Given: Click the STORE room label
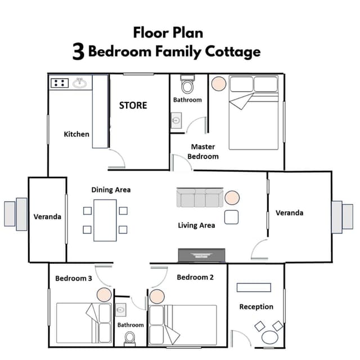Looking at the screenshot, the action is click(133, 105).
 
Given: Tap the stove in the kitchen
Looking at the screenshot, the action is click(60, 83).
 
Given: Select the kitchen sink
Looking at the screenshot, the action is click(80, 83).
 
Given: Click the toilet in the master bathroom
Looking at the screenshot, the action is click(187, 84).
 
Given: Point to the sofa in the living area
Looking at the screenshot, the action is click(200, 197).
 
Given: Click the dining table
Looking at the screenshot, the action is click(105, 220).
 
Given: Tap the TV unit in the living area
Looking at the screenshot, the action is click(201, 255).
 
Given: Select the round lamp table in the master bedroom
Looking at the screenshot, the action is click(219, 84).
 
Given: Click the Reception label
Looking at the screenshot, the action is click(256, 307).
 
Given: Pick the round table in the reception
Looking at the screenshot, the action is click(270, 337).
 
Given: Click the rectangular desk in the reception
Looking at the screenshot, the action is click(254, 287).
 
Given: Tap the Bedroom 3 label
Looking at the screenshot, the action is click(74, 278).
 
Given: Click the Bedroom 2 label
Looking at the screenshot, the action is click(195, 277).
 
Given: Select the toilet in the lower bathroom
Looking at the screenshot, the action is click(130, 338).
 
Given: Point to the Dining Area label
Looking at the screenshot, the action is click(111, 190).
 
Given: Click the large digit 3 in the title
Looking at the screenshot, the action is click(79, 52).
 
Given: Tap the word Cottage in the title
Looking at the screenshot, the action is click(233, 52).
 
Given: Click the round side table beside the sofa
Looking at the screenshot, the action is click(232, 197).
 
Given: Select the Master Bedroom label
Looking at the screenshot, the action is click(203, 151).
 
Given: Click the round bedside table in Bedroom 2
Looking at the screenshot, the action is click(157, 296).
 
